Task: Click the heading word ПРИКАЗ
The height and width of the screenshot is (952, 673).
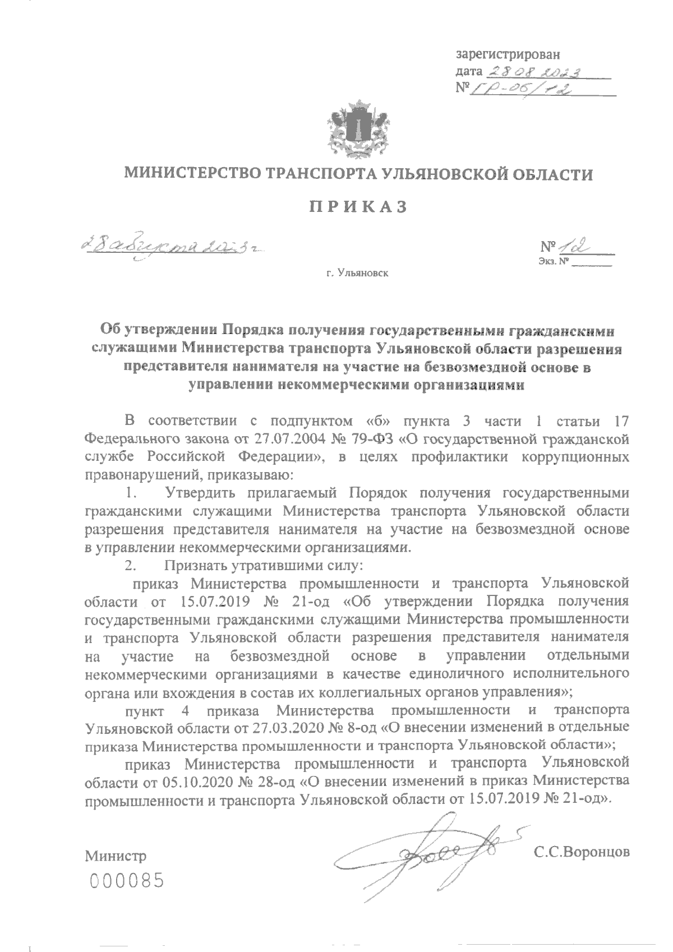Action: (358, 207)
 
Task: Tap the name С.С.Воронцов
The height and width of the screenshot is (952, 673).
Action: (582, 852)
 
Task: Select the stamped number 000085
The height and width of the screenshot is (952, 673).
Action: (127, 881)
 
